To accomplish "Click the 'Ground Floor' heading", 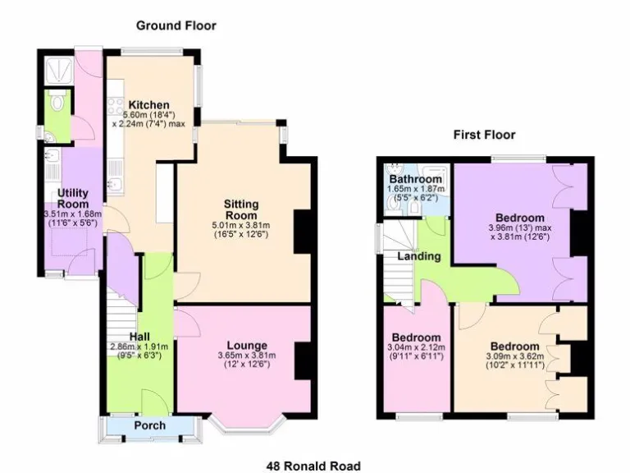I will coord(176,25).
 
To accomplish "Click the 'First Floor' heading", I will coord(485,134).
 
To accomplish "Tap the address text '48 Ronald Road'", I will coord(313,466).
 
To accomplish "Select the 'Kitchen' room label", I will coord(148,105).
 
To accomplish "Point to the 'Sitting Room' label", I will coord(241,209).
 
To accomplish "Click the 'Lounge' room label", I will coord(246,345).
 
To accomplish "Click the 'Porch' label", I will coord(149,425).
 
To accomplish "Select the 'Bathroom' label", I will coord(416,179).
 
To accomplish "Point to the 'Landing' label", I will coord(419,256).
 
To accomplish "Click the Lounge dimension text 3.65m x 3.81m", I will coord(246,356).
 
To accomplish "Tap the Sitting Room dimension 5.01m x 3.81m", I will coord(242,225).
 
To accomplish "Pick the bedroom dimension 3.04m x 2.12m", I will coord(417,348).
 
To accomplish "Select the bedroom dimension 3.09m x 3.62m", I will coord(515,358).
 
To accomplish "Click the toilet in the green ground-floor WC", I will coord(55,103).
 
